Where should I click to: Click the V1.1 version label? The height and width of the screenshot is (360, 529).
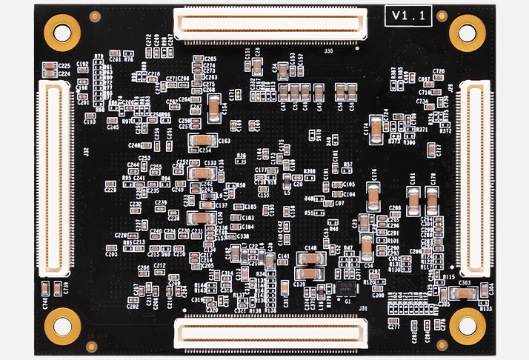click(x=409, y=16)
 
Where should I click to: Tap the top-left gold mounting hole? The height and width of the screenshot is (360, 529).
click(x=62, y=31)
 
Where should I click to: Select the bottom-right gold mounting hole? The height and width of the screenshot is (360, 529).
click(x=467, y=326)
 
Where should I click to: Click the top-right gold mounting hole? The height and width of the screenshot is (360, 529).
click(x=468, y=33)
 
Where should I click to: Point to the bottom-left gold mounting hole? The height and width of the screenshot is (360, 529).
click(x=63, y=326)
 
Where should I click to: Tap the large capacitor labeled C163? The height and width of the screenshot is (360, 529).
click(x=200, y=141)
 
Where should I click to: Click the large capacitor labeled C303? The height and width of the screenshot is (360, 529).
click(x=464, y=293)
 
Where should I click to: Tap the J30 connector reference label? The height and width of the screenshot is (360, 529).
click(x=328, y=52)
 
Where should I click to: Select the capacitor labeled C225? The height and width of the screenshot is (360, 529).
click(x=49, y=67)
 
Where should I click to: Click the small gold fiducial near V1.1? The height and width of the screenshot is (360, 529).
click(x=442, y=16)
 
